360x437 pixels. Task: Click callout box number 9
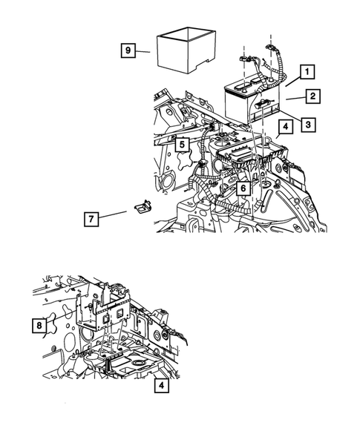[128, 50]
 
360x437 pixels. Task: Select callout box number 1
[307, 72]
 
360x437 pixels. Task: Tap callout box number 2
[312, 96]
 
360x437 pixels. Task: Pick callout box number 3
[308, 125]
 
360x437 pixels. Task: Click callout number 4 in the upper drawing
[286, 127]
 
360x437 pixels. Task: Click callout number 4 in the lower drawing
[162, 386]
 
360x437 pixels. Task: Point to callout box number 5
[182, 145]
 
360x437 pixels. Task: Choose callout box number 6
[243, 188]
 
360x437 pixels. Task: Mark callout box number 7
[91, 219]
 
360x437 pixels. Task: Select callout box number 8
[39, 325]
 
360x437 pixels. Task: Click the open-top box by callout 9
[186, 50]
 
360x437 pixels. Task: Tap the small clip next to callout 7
[143, 206]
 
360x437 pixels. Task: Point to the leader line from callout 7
[113, 214]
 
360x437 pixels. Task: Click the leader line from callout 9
[143, 51]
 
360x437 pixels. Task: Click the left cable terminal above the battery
[243, 59]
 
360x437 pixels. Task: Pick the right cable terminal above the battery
[269, 47]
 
